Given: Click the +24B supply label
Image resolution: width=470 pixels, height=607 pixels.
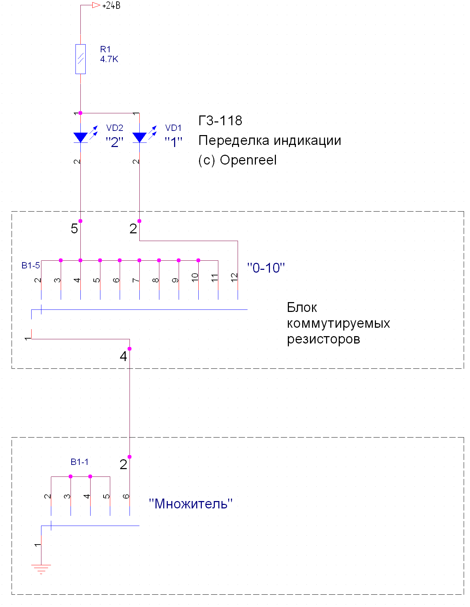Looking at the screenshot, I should (111, 6).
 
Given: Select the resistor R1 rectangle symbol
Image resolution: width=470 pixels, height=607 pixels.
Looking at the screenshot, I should (80, 59).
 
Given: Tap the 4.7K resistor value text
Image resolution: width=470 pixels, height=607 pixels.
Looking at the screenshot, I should (109, 59).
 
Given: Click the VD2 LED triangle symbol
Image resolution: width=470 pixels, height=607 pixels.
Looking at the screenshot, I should (80, 137).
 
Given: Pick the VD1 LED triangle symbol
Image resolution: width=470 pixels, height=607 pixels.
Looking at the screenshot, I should (139, 137).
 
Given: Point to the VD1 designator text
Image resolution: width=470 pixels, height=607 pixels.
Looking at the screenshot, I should (173, 128).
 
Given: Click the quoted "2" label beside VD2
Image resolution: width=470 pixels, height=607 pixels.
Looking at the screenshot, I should (114, 142).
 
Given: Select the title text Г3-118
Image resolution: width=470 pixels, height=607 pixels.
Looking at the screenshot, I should (220, 121).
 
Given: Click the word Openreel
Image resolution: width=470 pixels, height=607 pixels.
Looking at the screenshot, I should (248, 160).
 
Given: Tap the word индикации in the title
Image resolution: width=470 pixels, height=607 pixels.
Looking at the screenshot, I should (307, 140).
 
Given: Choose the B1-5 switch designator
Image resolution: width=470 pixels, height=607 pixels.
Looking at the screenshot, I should (31, 266).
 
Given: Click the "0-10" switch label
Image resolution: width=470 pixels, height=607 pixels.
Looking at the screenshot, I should (266, 268).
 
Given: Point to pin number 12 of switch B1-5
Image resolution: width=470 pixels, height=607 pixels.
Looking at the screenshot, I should (234, 278).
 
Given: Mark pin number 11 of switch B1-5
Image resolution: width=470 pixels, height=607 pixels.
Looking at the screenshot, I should (215, 278).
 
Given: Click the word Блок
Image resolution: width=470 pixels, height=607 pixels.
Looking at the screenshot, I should (302, 308).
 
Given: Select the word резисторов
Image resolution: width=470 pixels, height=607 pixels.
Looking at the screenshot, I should (323, 339).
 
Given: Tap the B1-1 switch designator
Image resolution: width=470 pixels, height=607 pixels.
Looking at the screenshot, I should (80, 462).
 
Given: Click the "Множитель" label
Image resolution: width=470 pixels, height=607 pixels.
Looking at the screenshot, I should (191, 504).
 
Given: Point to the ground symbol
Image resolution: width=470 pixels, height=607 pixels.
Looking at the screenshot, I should (41, 569).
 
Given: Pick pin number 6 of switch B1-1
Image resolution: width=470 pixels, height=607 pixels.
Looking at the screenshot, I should (126, 496).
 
